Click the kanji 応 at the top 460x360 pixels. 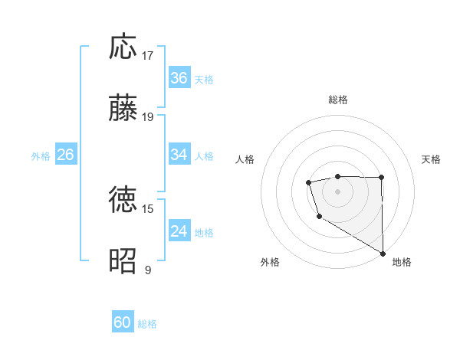pos(123,47)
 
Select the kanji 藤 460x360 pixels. pos(123,108)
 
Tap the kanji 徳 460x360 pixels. pos(123,200)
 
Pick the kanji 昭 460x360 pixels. pos(123,260)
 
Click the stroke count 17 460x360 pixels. pos(148,56)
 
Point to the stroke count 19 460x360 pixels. pos(148,117)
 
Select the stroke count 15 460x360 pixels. pos(148,208)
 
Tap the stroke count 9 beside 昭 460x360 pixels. pos(148,270)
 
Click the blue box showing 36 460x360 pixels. pos(179,78)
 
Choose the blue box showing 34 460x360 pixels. pos(179,155)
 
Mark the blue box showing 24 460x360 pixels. pos(179,231)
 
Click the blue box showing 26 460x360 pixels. pos(65,155)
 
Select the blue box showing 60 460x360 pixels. pos(123,322)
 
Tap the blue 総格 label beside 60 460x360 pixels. pos(147,324)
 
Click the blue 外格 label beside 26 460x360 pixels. pos(41,156)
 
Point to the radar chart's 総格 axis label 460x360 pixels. pos(338,100)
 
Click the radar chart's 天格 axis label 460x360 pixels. pos(431,159)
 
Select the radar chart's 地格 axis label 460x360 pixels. pos(402,263)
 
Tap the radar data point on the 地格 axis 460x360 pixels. pos(383,254)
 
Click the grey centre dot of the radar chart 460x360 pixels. pos(337,190)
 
